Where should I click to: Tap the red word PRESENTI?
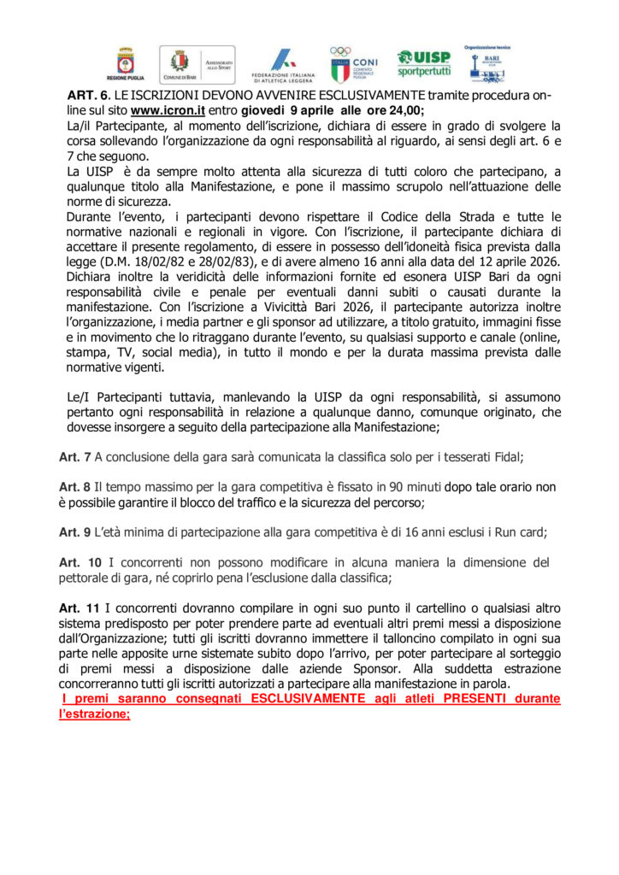[471, 699]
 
